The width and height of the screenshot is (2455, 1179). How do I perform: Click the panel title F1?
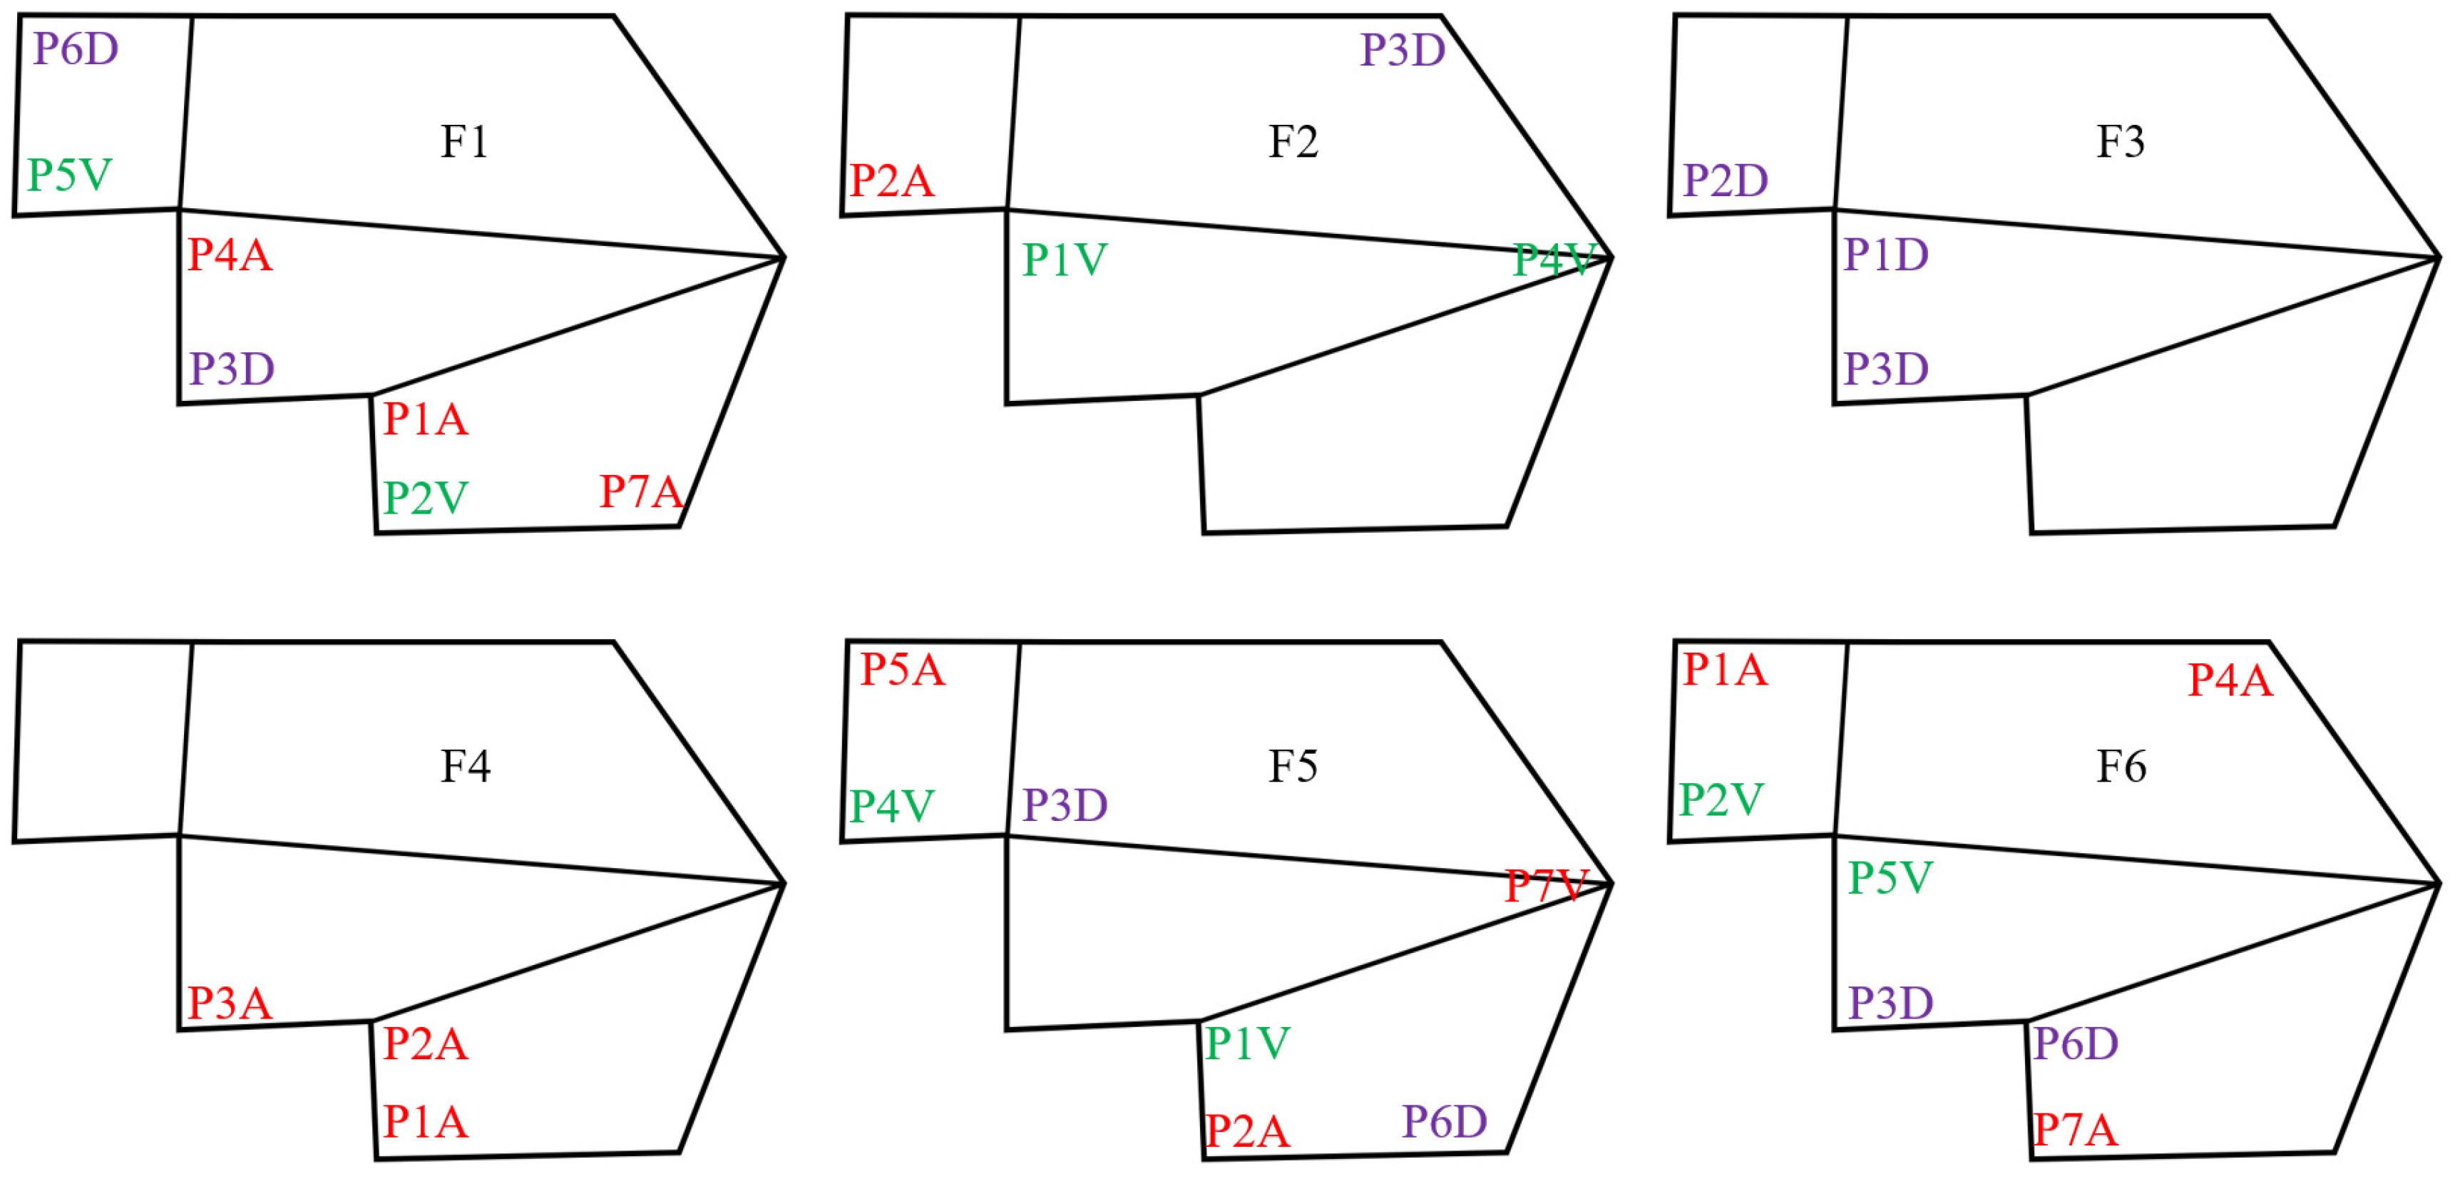[x=464, y=142]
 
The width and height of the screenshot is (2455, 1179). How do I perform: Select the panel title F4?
[x=465, y=766]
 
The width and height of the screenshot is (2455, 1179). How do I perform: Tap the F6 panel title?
[x=2121, y=766]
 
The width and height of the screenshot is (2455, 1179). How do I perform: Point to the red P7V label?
[x=1546, y=887]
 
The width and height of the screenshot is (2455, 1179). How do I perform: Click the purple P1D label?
[x=1885, y=255]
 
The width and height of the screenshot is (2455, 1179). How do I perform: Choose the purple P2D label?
[x=1725, y=180]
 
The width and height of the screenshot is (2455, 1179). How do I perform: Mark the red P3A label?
[x=230, y=1004]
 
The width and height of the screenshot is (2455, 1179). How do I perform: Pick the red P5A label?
[x=901, y=670]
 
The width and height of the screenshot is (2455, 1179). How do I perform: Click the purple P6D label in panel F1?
[x=76, y=49]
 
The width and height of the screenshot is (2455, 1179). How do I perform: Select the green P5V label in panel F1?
[x=70, y=175]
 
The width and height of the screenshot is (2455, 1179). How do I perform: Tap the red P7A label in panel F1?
[x=640, y=492]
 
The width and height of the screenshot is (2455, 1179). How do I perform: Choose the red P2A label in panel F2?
[x=891, y=181]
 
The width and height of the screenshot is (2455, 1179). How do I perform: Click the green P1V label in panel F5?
[x=1246, y=1043]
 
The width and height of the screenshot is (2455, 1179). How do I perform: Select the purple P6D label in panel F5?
[x=1444, y=1122]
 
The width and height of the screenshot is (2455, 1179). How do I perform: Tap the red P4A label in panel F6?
[x=2230, y=680]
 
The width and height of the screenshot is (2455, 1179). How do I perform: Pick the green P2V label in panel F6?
[x=1721, y=800]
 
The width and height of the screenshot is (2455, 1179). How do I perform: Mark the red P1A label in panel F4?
[x=425, y=1122]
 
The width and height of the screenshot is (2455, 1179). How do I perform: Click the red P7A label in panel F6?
[x=2075, y=1130]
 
